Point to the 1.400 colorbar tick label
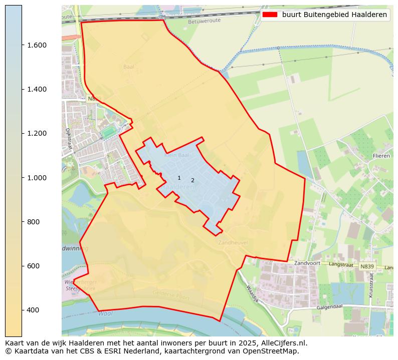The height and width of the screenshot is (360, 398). point(36,89)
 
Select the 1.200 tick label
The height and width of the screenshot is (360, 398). point(36,133)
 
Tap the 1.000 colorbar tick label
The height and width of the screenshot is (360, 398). point(36,178)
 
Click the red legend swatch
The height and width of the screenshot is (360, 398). point(270,15)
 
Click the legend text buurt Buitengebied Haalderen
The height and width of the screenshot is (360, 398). point(334,15)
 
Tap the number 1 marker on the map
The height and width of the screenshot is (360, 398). point(179,178)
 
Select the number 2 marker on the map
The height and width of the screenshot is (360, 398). point(192,180)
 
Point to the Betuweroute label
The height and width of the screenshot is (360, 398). point(201,22)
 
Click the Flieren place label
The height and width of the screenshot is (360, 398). point(381,156)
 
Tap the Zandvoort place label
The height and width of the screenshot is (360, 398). point(307,263)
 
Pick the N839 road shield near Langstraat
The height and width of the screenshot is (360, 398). point(367,266)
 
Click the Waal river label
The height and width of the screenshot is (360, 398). point(105,313)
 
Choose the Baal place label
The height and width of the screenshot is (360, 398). point(129,67)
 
